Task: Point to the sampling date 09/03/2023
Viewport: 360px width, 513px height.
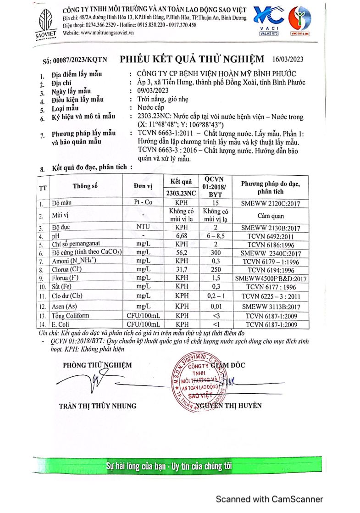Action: (x=147, y=91)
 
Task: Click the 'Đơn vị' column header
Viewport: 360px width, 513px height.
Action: (x=144, y=186)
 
